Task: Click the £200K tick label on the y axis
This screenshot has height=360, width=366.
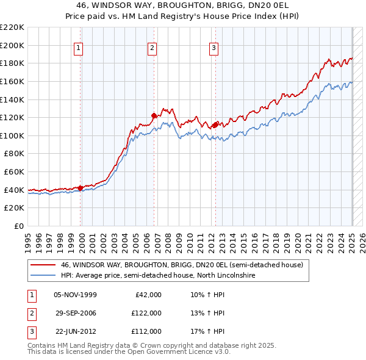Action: (x=12, y=45)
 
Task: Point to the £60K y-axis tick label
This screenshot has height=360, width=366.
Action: (x=14, y=171)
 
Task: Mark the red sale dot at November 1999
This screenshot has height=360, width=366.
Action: (x=81, y=188)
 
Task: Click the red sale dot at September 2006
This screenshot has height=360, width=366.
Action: (x=154, y=115)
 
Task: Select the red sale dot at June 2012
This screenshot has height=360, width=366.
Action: (x=215, y=124)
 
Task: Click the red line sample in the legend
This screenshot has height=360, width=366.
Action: (x=43, y=265)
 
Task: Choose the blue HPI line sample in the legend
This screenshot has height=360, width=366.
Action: (x=43, y=275)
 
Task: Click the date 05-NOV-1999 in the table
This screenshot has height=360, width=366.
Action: (x=75, y=295)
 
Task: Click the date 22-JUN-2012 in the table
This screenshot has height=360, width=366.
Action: (x=75, y=331)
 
